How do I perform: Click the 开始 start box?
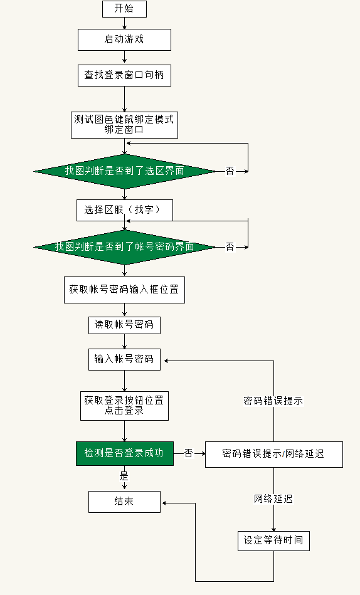124,9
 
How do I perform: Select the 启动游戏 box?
124,39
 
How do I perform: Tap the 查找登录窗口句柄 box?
124,75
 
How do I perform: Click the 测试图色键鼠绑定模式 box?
124,125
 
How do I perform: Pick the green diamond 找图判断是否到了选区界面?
124,171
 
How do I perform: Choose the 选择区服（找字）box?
124,210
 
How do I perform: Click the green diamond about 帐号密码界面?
124,247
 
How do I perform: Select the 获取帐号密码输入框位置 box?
124,290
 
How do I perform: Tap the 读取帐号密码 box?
124,325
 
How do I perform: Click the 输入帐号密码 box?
124,359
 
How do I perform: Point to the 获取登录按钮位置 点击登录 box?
124,406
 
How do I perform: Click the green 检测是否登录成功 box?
124,453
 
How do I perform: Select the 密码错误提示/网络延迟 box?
273,454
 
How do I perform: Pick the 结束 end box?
124,502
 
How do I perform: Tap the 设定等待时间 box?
273,540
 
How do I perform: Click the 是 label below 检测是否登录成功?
124,476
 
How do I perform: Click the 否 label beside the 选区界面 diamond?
230,171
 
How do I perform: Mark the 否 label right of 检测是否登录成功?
188,453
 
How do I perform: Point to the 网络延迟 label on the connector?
273,499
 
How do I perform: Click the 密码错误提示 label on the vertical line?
273,401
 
